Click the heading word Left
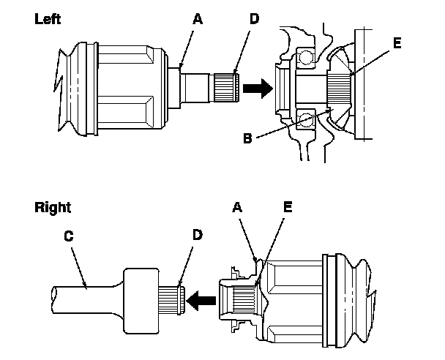coord(48,20)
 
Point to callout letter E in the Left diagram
coord(397,43)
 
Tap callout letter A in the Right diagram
coord(239,208)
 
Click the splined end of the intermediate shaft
coord(172,298)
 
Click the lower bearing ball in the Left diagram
coord(305,115)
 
